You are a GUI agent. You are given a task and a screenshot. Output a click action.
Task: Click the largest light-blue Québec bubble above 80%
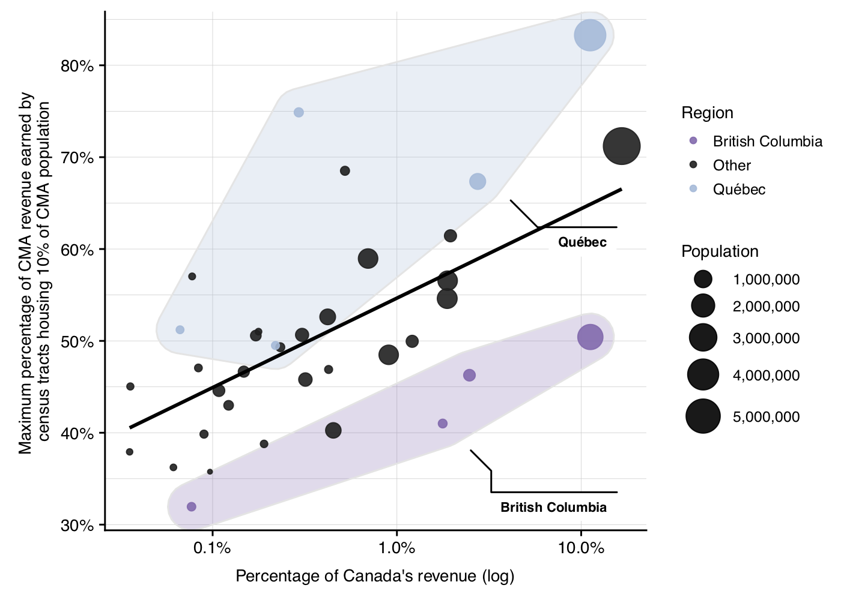[589, 35]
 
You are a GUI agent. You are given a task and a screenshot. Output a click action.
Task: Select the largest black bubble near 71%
[621, 146]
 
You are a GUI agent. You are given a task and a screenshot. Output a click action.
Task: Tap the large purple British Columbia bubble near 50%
[590, 337]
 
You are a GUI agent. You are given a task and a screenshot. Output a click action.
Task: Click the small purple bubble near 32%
[192, 507]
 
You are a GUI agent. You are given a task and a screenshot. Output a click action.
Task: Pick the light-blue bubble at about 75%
[299, 113]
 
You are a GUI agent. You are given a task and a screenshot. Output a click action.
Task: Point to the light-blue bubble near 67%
[478, 181]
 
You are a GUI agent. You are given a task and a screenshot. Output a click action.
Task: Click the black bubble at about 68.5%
[345, 171]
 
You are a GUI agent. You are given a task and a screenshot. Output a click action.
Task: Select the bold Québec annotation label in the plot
[582, 242]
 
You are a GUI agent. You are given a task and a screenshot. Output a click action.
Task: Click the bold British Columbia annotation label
[553, 508]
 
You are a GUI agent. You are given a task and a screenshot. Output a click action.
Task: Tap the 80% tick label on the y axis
[77, 66]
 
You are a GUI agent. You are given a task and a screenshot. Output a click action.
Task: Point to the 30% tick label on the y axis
[77, 526]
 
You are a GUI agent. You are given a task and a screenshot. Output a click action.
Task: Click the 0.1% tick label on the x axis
[212, 548]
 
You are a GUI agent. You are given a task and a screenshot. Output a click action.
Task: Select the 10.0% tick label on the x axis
[581, 548]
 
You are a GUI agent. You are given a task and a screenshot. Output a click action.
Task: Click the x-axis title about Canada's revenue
[375, 577]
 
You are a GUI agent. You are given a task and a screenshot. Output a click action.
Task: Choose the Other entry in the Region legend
[732, 166]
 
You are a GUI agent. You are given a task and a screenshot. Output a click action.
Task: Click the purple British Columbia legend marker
[693, 141]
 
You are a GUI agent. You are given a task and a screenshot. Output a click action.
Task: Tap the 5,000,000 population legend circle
[703, 416]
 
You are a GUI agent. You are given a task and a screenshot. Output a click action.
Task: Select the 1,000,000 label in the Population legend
[766, 280]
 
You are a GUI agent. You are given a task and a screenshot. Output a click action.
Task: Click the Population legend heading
[720, 251]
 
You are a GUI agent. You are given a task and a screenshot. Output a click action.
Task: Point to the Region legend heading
[707, 113]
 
